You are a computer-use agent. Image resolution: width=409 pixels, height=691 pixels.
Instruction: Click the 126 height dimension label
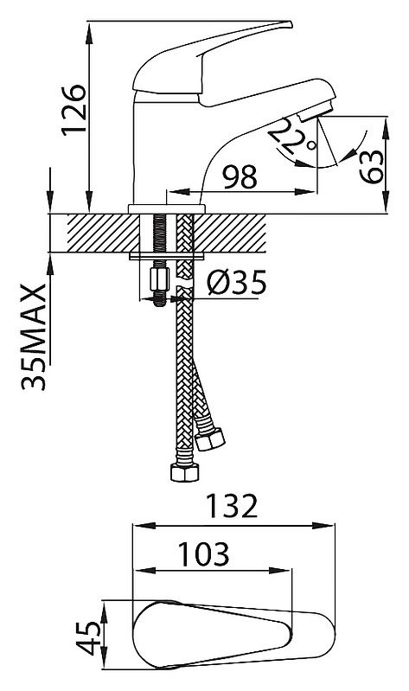click(73, 110)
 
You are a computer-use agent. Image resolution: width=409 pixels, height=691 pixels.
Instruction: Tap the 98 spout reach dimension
click(240, 176)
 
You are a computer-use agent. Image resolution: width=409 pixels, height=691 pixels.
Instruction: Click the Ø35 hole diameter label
click(237, 283)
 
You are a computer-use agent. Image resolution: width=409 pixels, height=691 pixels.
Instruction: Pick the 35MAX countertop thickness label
click(34, 337)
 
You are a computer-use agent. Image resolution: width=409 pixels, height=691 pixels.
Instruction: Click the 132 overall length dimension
click(232, 506)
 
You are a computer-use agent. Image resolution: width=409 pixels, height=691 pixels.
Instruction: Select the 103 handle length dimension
click(203, 553)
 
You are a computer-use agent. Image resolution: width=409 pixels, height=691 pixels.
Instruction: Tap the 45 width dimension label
click(88, 638)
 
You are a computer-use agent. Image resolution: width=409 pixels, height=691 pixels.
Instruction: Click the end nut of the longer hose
click(185, 472)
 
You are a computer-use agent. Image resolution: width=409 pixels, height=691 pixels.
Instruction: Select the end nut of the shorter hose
click(210, 439)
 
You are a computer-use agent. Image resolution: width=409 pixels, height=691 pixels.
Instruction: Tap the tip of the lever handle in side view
click(291, 22)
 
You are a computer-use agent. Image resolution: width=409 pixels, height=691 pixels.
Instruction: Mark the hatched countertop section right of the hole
click(230, 234)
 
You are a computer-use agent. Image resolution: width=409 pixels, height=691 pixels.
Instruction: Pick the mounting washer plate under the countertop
click(167, 256)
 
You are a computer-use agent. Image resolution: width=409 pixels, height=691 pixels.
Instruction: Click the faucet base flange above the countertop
click(167, 209)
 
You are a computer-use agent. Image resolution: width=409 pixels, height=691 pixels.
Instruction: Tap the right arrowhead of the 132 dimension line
click(323, 525)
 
